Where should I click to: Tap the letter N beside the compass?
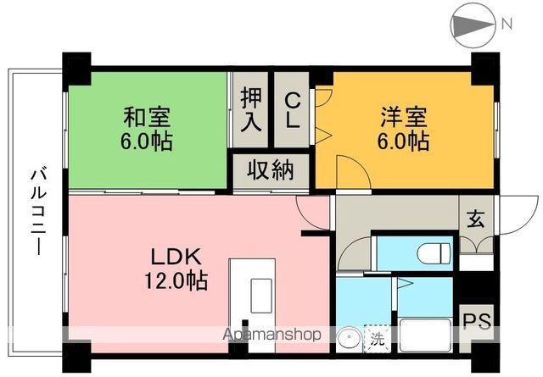pos(507,25)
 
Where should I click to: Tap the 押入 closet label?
pos(250,108)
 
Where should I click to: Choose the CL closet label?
pos(292,108)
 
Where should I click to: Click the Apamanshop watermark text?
pos(271,335)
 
